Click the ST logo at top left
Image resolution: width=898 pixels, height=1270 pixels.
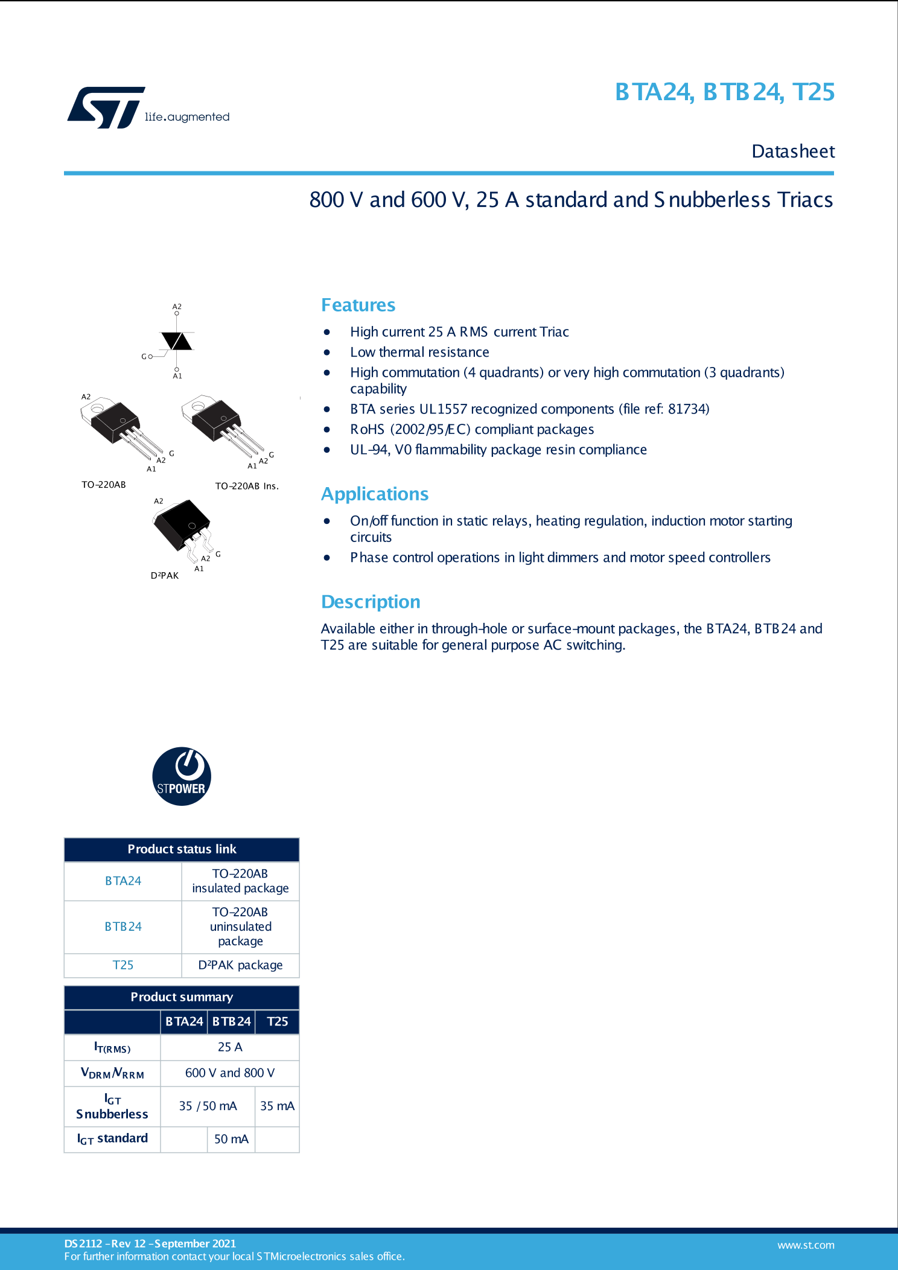click(106, 107)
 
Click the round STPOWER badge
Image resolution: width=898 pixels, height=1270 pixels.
click(182, 776)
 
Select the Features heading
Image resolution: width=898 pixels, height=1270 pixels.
click(358, 305)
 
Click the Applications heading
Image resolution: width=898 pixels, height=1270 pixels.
click(374, 494)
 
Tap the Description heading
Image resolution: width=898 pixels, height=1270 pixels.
click(371, 602)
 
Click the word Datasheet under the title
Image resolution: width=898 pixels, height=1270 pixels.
click(793, 152)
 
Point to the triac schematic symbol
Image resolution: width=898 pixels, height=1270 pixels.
click(176, 342)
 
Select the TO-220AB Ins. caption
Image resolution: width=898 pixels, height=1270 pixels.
click(247, 486)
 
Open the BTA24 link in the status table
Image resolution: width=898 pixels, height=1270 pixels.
click(123, 881)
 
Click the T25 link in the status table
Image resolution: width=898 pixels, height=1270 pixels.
click(123, 965)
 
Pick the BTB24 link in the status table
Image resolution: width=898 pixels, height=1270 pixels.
click(123, 927)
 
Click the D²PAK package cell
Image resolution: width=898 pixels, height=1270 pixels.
click(240, 965)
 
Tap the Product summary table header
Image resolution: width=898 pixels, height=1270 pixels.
click(182, 997)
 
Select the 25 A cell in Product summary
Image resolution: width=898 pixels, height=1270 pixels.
click(230, 1047)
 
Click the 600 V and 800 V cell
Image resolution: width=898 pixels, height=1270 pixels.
click(230, 1073)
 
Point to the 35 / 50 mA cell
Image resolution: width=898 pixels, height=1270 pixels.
click(208, 1106)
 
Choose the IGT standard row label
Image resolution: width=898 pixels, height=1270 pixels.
click(112, 1138)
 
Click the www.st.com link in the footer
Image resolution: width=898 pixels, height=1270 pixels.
click(806, 1245)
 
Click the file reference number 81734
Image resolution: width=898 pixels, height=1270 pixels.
click(688, 409)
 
